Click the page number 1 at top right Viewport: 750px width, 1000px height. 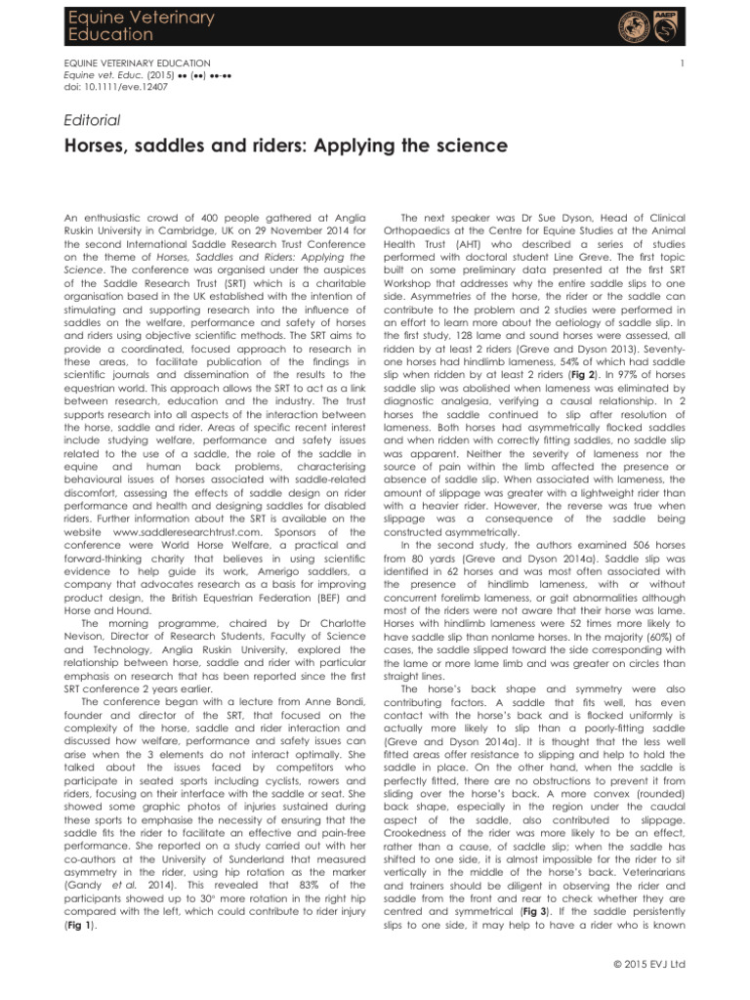tap(689, 61)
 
